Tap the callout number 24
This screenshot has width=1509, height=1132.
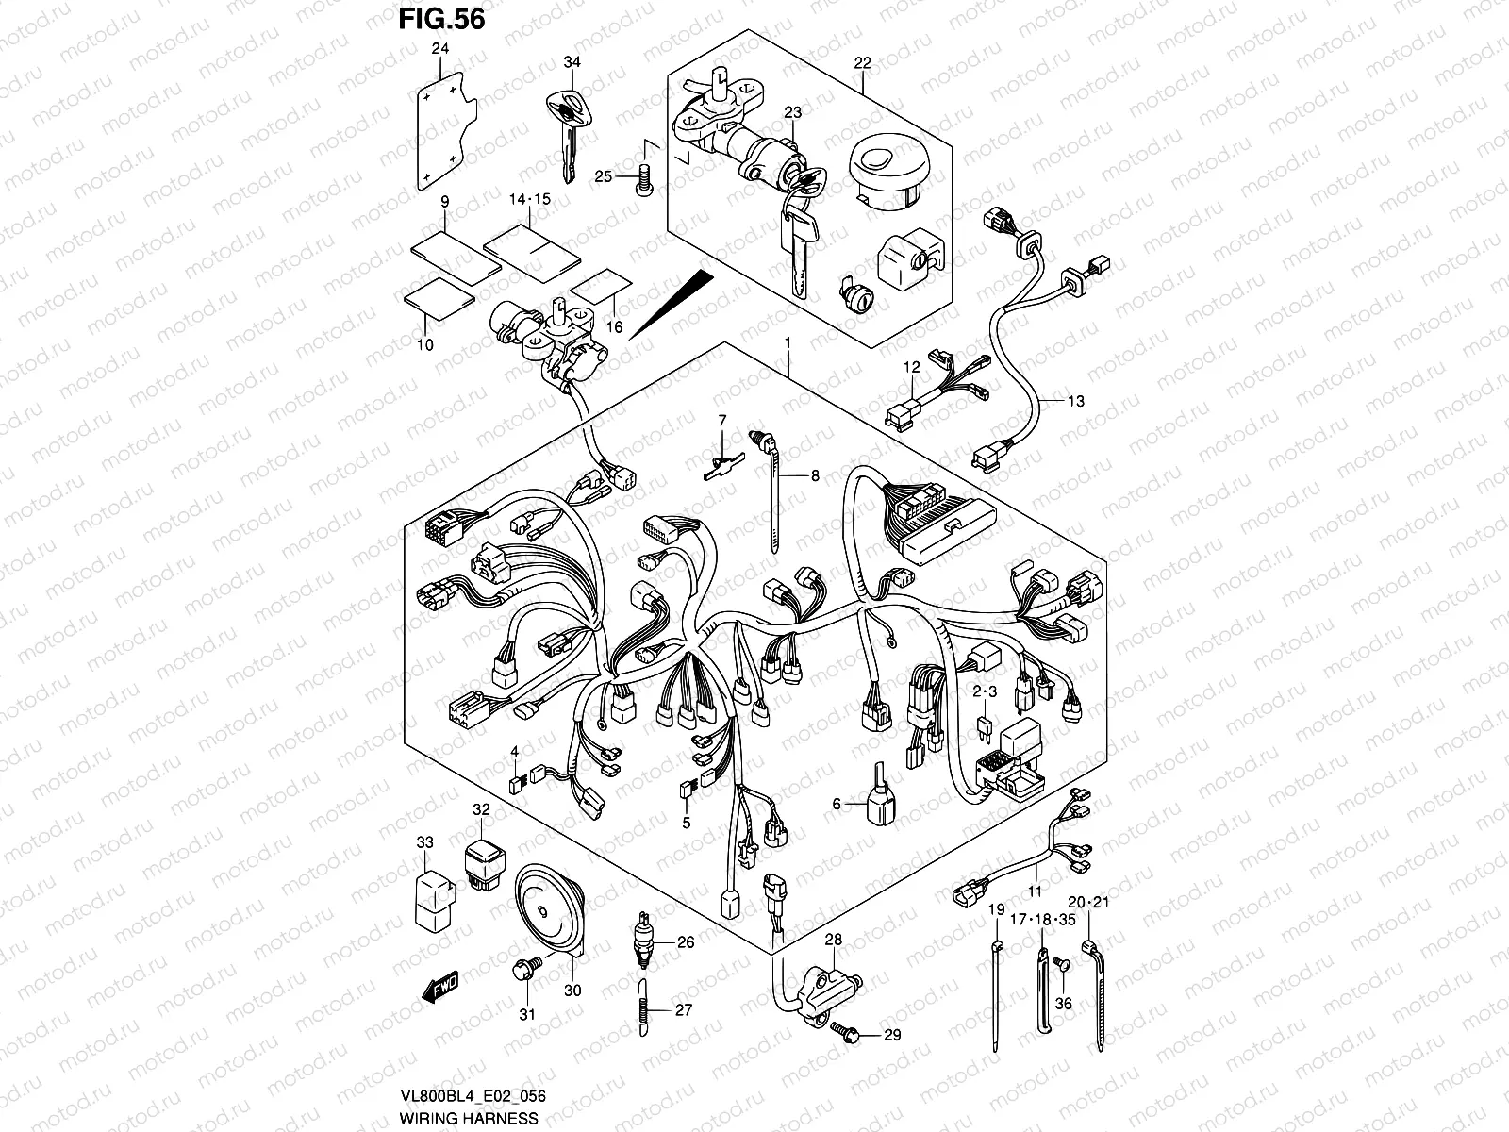437,49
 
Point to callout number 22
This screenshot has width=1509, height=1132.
862,63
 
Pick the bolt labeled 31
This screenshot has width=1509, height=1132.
524,971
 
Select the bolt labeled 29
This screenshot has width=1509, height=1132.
842,1034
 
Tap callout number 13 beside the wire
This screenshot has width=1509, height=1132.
1075,401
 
